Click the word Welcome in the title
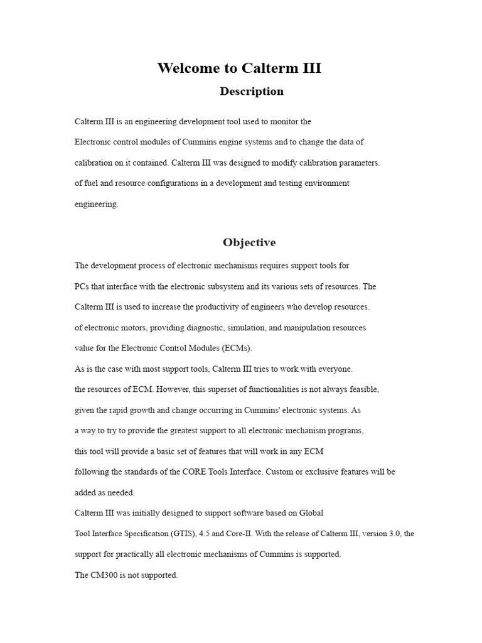tap(186, 68)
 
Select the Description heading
tap(252, 92)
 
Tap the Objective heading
tap(249, 242)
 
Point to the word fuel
tap(92, 183)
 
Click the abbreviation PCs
tap(82, 286)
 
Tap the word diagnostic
tap(215, 328)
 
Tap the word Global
tap(311, 513)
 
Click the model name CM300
tap(105, 575)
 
